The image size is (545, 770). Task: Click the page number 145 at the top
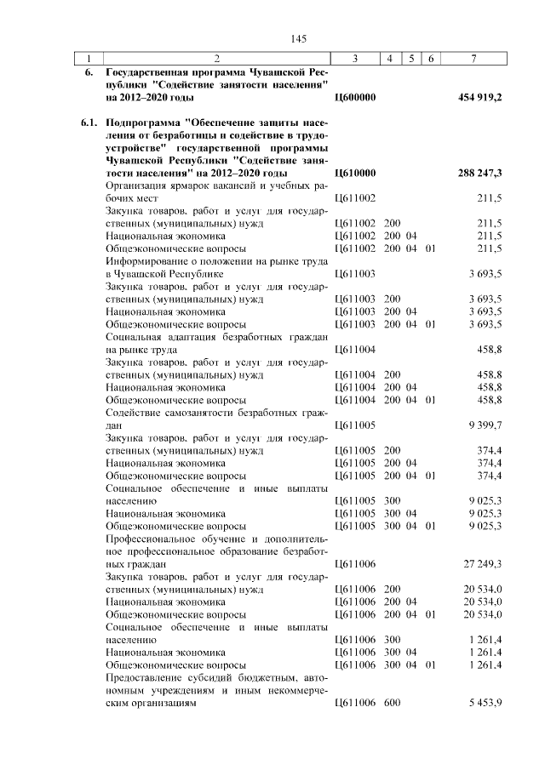click(298, 38)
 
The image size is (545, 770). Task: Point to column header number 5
click(411, 59)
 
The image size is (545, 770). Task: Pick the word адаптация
click(191, 337)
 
